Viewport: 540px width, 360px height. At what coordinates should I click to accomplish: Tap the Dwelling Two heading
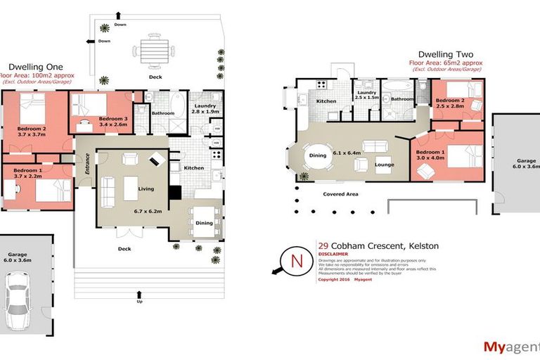pyautogui.click(x=445, y=54)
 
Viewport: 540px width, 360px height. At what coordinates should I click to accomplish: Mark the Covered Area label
pyautogui.click(x=342, y=193)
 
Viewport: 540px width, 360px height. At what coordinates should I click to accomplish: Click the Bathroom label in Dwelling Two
pyautogui.click(x=402, y=99)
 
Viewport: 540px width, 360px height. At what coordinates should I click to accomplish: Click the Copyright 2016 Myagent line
pyautogui.click(x=345, y=279)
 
